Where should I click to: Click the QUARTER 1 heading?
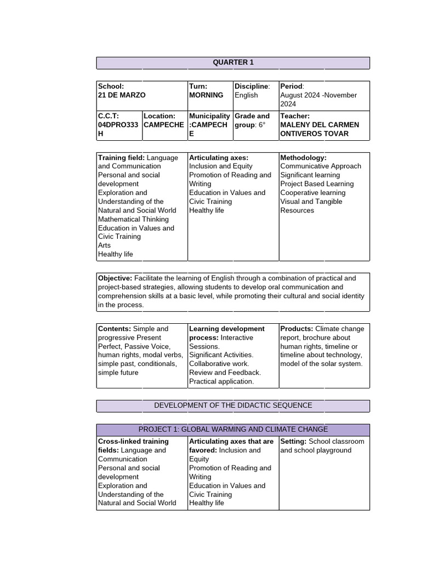click(x=233, y=62)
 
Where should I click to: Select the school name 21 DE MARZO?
click(x=122, y=95)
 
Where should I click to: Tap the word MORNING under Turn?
click(x=206, y=95)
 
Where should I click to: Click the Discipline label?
click(x=252, y=87)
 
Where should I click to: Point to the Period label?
click(x=291, y=87)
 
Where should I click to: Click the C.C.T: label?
click(x=109, y=116)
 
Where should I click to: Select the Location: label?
click(x=160, y=116)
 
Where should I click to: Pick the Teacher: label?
click(x=295, y=116)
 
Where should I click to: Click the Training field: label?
click(x=121, y=158)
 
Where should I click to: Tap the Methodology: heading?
click(x=303, y=158)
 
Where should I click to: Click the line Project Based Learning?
click(x=317, y=184)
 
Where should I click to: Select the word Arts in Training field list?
click(x=104, y=245)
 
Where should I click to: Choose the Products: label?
click(x=297, y=329)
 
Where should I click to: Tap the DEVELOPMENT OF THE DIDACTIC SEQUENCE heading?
click(x=233, y=405)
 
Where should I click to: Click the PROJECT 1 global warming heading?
click(x=233, y=430)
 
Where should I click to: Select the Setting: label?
click(x=293, y=442)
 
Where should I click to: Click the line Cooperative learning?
click(x=313, y=193)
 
